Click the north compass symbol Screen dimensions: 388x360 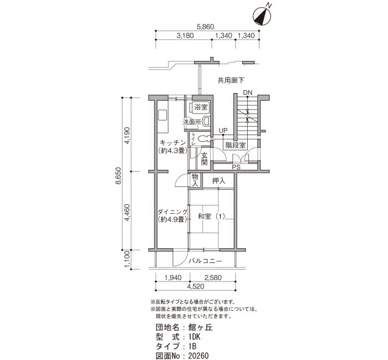pos(262,16)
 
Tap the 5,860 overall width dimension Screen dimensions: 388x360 pos(205,27)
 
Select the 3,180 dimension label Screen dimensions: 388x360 pos(185,35)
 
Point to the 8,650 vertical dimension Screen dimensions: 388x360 pos(119,176)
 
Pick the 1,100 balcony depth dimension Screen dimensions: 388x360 pos(127,259)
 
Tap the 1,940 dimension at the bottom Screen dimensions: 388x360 pos(173,277)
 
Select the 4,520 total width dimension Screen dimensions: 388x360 pos(196,286)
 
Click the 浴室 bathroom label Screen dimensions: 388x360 pos(201,107)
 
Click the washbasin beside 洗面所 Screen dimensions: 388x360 pos(206,122)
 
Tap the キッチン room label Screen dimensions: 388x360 pos(173,143)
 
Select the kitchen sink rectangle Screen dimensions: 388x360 pos(162,115)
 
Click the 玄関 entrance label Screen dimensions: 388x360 pos(204,159)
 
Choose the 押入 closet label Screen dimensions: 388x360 pos(219,181)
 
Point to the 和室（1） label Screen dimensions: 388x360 pos(211,217)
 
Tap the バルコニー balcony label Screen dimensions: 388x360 pos(206,261)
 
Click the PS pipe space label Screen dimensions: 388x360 pos(236,167)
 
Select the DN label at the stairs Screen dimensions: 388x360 pos(248,92)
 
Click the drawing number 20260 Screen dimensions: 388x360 pos(198,356)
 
